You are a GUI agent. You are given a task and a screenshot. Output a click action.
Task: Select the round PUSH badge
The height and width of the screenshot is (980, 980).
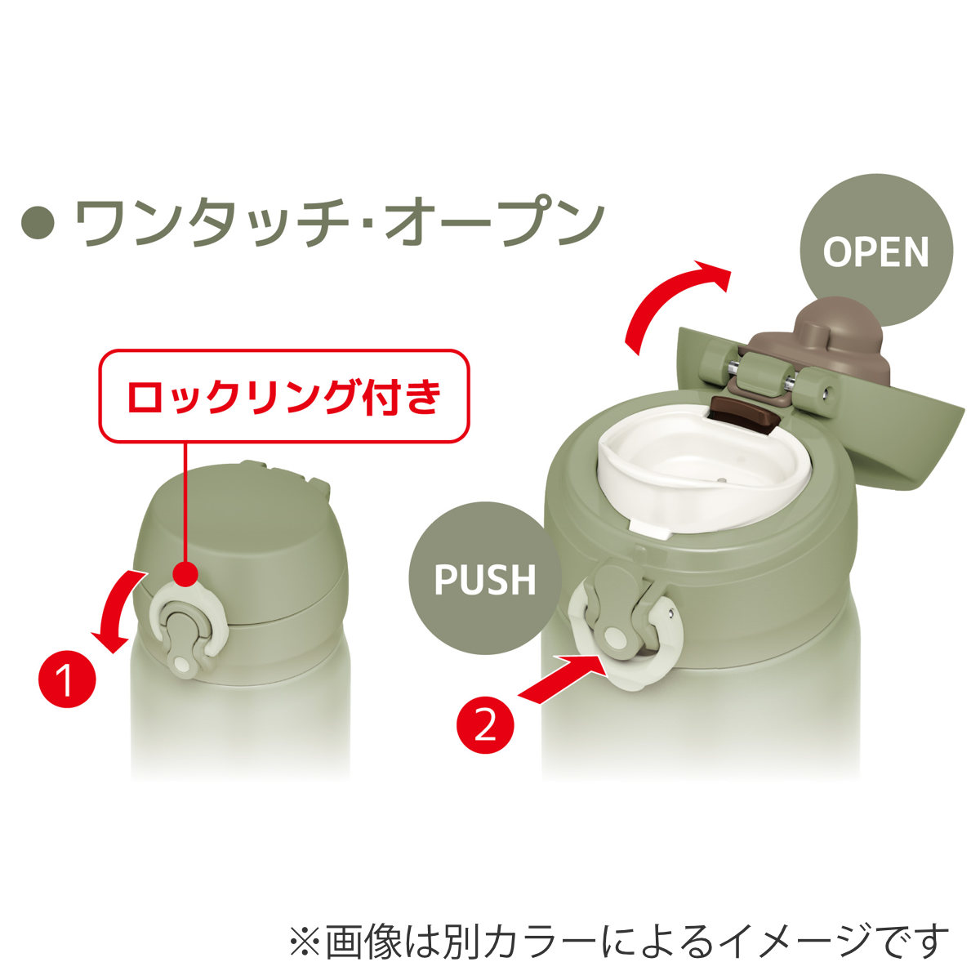point(485,578)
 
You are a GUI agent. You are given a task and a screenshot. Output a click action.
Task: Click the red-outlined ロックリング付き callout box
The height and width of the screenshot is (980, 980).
point(283,397)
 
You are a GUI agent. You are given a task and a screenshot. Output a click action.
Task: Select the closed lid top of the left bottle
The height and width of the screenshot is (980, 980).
point(237,523)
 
